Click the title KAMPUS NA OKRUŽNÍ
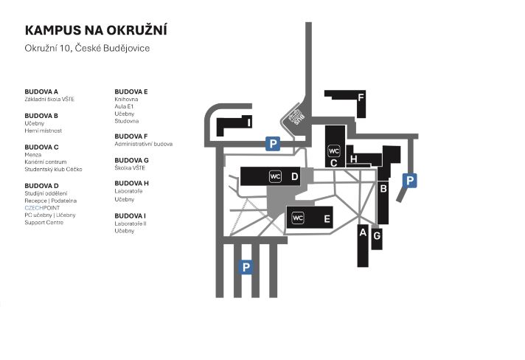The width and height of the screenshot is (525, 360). click(x=96, y=30)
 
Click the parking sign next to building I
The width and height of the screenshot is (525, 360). click(x=274, y=144)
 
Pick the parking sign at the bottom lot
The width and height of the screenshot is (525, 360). click(x=246, y=267)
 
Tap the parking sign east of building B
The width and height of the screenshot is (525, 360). click(x=410, y=179)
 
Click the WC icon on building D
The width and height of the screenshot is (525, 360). click(x=275, y=176)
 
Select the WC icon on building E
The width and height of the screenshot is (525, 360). click(x=298, y=218)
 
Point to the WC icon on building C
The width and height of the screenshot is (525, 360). click(x=333, y=151)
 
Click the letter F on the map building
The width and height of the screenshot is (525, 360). click(x=361, y=97)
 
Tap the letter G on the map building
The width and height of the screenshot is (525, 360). click(x=377, y=236)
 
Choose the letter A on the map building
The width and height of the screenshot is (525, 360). click(x=362, y=232)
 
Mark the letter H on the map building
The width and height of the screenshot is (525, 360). click(x=354, y=159)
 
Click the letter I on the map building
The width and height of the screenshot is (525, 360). click(x=250, y=122)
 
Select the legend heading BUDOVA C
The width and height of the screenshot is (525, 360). click(x=41, y=147)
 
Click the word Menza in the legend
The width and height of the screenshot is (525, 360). click(x=33, y=155)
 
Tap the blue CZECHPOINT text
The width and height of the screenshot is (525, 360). click(x=42, y=208)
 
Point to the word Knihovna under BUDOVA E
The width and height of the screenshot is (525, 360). click(x=128, y=99)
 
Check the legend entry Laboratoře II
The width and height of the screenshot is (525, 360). click(x=131, y=223)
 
